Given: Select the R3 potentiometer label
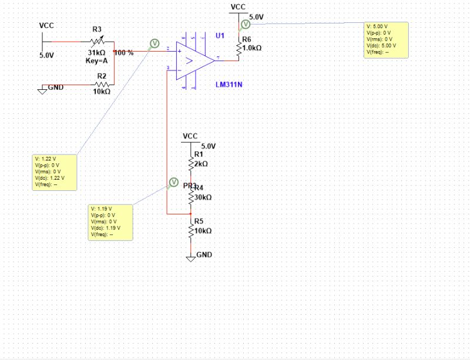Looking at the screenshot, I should pyautogui.click(x=97, y=29).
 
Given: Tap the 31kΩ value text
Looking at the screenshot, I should pyautogui.click(x=97, y=52).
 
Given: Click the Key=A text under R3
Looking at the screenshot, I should pyautogui.click(x=96, y=60).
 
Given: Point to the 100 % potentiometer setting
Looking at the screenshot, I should pyautogui.click(x=124, y=52).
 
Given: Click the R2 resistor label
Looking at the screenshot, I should pyautogui.click(x=102, y=76).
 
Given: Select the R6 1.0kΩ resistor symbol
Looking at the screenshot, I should pyautogui.click(x=239, y=50).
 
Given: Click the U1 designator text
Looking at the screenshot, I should pyautogui.click(x=220, y=36).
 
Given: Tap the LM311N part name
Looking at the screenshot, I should pyautogui.click(x=229, y=85).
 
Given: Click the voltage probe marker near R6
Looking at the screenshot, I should pyautogui.click(x=246, y=24).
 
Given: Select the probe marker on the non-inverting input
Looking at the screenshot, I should pyautogui.click(x=155, y=43).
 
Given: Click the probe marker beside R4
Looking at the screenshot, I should pyautogui.click(x=174, y=182).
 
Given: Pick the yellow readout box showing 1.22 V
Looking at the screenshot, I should pyautogui.click(x=55, y=171).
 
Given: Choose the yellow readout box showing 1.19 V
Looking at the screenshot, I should pyautogui.click(x=111, y=222).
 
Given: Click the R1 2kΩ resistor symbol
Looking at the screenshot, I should pyautogui.click(x=190, y=163).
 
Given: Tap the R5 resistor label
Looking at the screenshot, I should pyautogui.click(x=198, y=221).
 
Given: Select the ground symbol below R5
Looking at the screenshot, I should pyautogui.click(x=190, y=258).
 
